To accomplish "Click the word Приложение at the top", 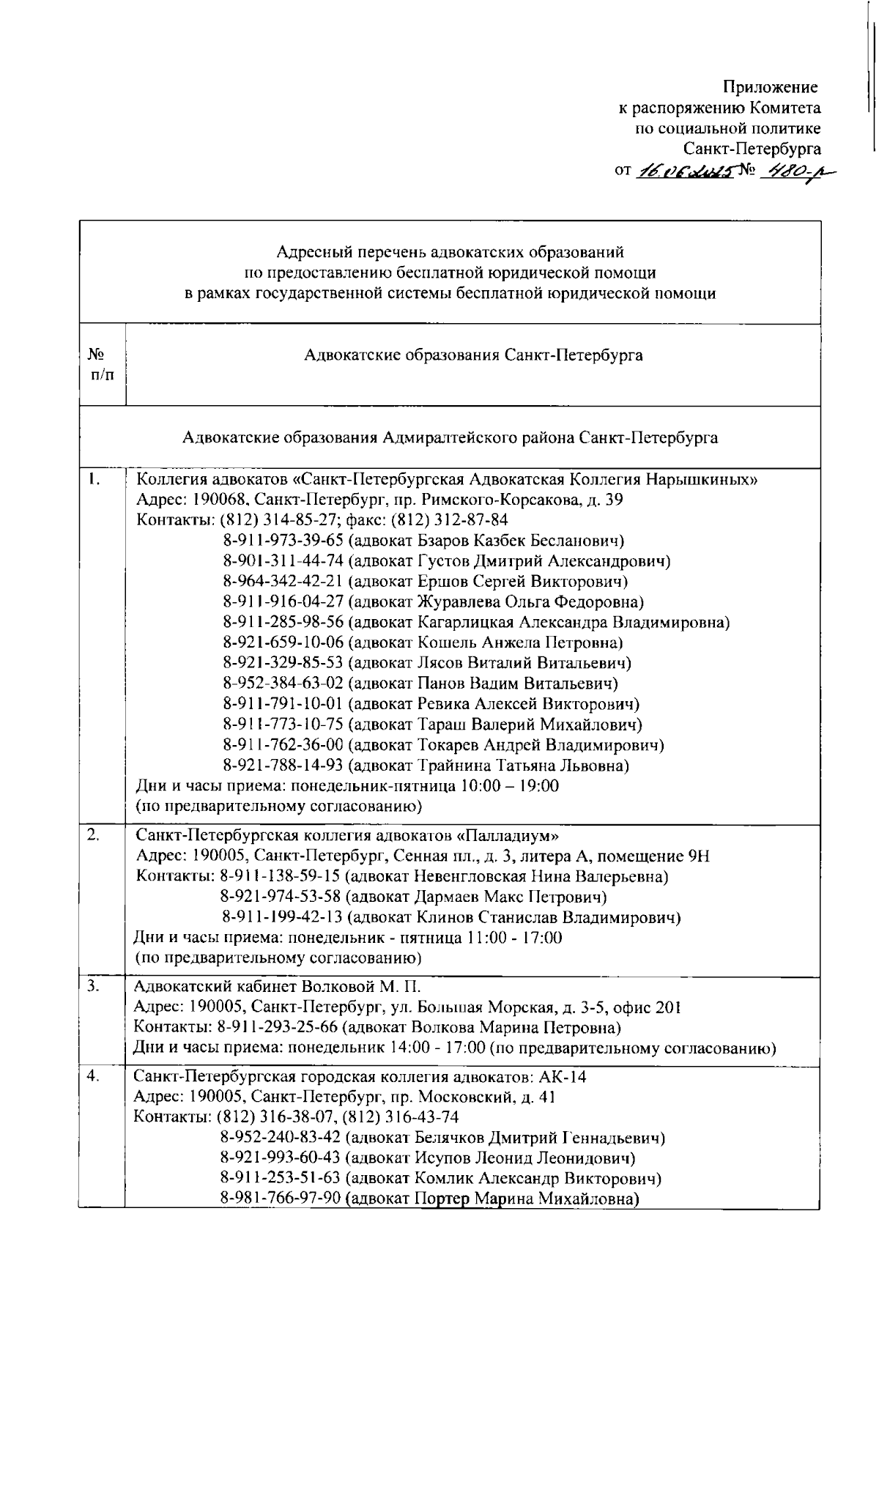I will (x=770, y=88).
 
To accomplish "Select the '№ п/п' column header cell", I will (x=102, y=364).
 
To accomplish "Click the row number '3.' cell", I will (x=93, y=986).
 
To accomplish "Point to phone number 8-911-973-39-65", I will (x=283, y=541).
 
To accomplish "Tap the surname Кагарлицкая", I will (x=466, y=623).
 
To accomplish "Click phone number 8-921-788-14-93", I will (x=283, y=766).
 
